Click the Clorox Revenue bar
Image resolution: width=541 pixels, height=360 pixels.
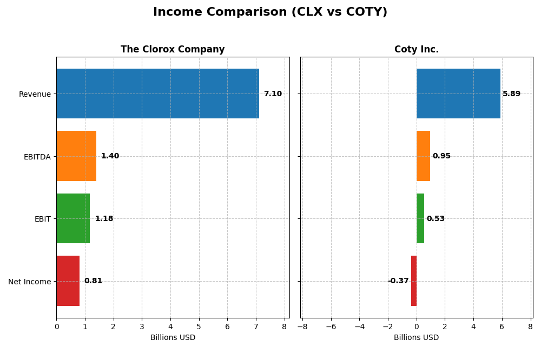click(x=157, y=94)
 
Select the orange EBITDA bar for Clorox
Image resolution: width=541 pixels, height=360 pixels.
click(x=76, y=156)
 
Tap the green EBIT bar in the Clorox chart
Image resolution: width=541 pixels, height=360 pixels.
click(x=73, y=218)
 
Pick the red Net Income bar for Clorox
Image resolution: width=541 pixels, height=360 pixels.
click(x=68, y=281)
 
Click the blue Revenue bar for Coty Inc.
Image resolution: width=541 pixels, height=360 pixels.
click(x=458, y=94)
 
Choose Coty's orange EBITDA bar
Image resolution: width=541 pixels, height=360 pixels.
click(x=423, y=156)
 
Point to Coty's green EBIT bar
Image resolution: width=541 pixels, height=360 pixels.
click(x=420, y=218)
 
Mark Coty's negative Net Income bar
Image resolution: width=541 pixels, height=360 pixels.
click(x=414, y=281)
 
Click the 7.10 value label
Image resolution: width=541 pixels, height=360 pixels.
click(x=273, y=94)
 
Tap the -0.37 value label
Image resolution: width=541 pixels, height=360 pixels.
click(x=398, y=281)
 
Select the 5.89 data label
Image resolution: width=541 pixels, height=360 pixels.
click(x=511, y=94)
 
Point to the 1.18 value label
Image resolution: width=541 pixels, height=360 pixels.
click(x=104, y=219)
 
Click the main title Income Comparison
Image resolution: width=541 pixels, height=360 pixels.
click(x=270, y=12)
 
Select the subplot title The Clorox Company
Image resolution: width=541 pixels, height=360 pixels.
click(x=173, y=50)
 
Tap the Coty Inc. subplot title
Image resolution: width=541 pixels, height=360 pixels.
click(x=416, y=50)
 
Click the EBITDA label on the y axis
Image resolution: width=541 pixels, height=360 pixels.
click(x=37, y=157)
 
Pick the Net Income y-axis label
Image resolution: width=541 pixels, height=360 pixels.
click(x=30, y=282)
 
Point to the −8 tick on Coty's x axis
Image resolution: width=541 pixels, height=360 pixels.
click(x=302, y=326)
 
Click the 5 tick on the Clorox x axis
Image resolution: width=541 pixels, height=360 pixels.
click(x=199, y=326)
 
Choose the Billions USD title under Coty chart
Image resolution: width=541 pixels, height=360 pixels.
click(x=416, y=337)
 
